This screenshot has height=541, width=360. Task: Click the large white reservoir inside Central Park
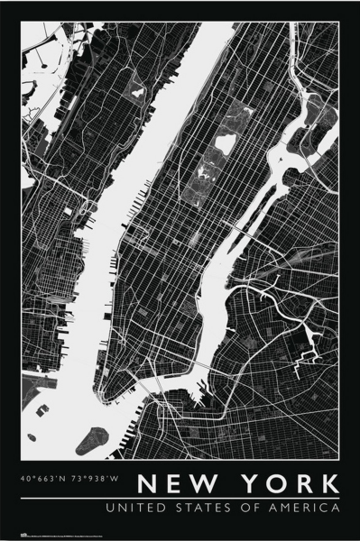click(225, 142)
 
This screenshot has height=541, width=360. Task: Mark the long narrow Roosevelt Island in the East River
click(239, 236)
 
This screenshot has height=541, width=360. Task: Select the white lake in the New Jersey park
click(138, 91)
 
